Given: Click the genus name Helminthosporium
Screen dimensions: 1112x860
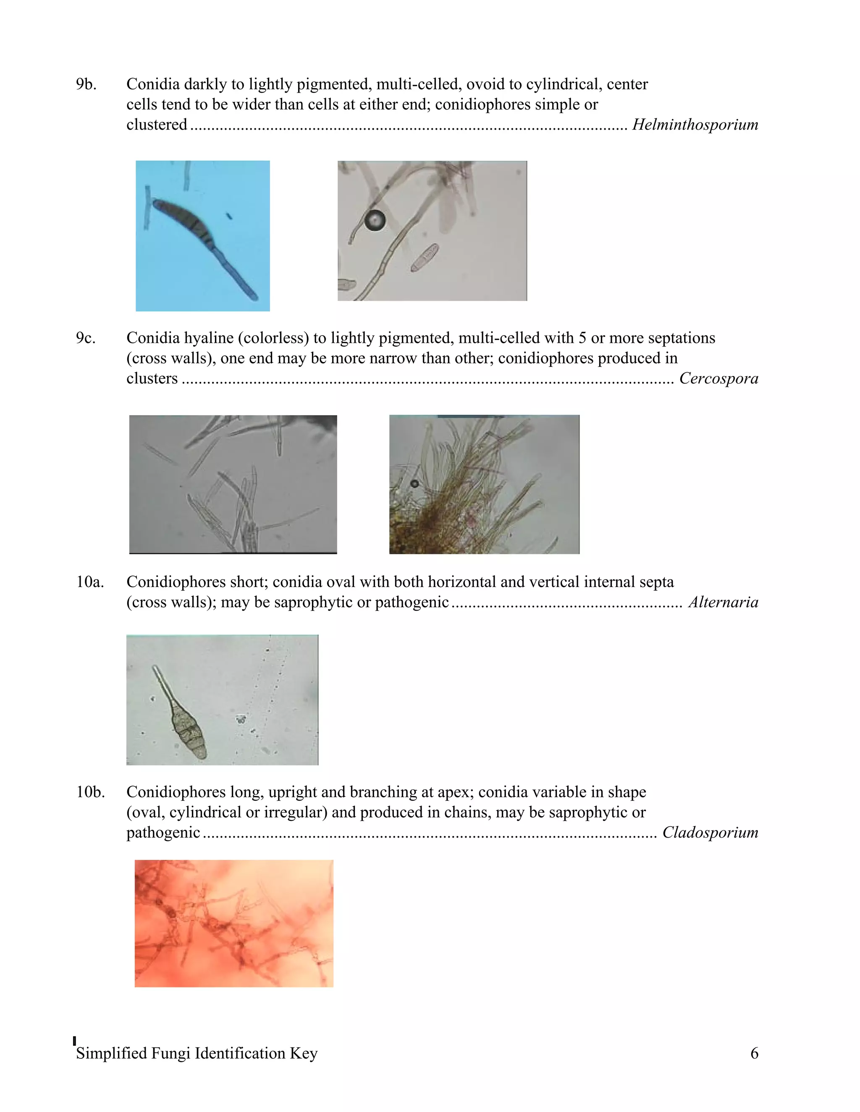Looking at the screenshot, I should (695, 125).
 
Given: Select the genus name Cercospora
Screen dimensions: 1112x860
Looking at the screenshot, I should (718, 378).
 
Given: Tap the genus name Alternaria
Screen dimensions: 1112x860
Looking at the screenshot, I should (723, 602).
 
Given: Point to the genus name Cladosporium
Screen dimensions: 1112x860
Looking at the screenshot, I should (710, 833).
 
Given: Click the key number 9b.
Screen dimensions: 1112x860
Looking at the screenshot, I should (86, 84).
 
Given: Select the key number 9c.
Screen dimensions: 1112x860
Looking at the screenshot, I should (86, 338).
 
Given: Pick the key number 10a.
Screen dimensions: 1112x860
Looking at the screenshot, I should (90, 582).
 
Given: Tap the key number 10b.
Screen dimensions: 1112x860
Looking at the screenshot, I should (90, 792).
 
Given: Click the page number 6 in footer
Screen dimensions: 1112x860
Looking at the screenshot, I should (754, 1053).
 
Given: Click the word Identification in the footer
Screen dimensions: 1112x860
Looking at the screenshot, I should (239, 1053).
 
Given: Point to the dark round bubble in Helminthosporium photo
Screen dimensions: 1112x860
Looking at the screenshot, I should (375, 220).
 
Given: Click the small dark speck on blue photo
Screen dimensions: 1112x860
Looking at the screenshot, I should (229, 217).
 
